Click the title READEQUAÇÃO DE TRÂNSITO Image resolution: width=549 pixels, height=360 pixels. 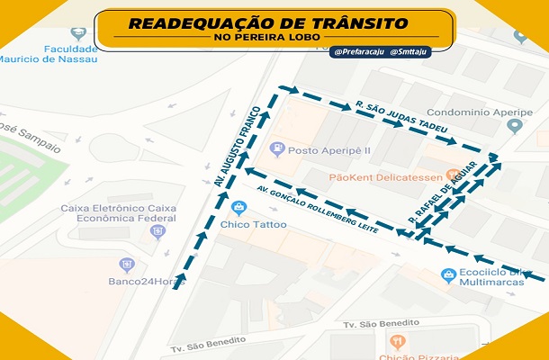click(267, 22)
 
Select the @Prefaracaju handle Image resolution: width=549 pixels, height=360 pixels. click(357, 52)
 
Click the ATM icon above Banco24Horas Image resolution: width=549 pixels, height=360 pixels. click(127, 265)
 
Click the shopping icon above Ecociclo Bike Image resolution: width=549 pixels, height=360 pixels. click(446, 274)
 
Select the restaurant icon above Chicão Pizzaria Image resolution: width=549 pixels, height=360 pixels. click(397, 342)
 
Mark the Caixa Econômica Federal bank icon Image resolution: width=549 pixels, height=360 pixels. click(158, 230)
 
